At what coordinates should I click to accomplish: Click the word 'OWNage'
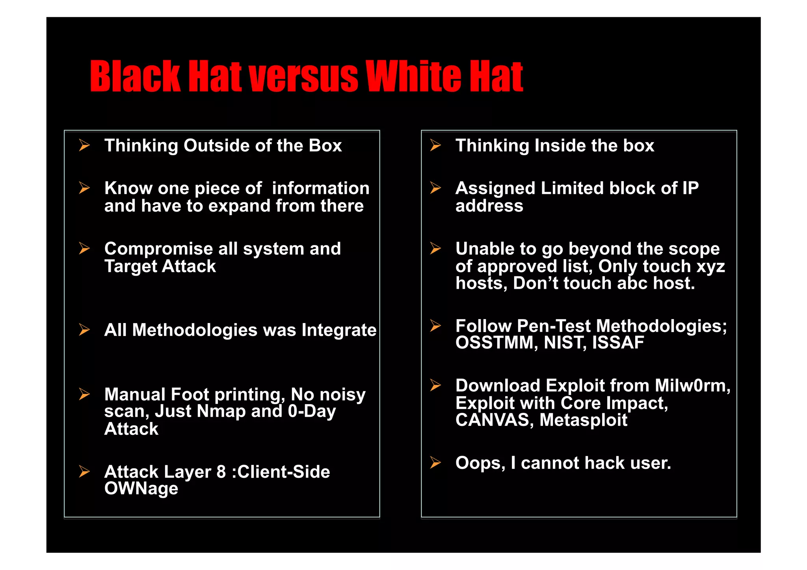click(141, 488)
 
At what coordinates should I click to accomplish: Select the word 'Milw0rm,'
click(692, 386)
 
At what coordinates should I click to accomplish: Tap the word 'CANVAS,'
click(495, 420)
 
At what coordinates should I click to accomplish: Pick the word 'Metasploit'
click(583, 420)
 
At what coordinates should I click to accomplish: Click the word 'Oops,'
click(480, 463)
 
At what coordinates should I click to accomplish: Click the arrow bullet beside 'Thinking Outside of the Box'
click(84, 145)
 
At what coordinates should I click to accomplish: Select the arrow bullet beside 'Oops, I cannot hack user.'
click(435, 462)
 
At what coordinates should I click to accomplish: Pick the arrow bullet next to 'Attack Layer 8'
click(84, 472)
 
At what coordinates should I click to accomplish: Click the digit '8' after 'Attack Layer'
click(221, 472)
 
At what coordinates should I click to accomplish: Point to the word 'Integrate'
click(339, 330)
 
